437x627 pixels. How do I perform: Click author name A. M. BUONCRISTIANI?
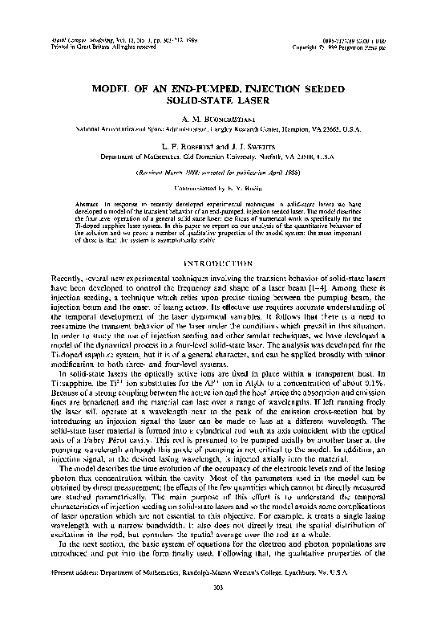[217, 118]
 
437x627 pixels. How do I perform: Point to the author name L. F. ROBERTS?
[185, 147]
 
